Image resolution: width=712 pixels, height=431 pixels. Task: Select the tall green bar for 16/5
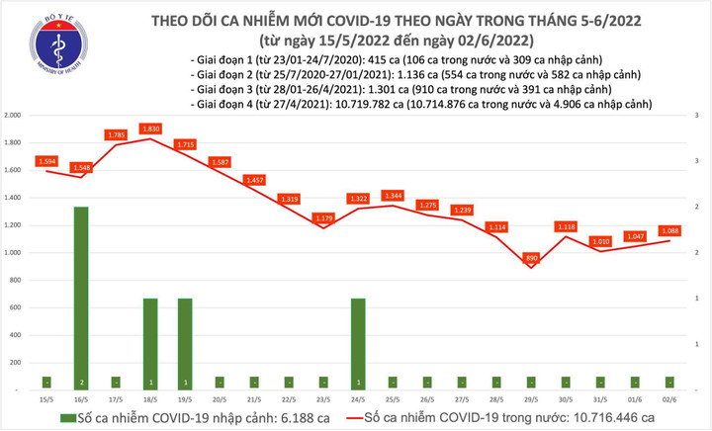81,297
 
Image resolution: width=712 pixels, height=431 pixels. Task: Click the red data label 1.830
150,128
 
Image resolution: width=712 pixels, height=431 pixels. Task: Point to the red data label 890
531,257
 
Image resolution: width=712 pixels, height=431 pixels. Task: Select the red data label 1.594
46,160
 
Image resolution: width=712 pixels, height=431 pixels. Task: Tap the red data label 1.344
393,196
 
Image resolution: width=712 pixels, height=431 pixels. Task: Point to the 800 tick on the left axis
16,281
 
